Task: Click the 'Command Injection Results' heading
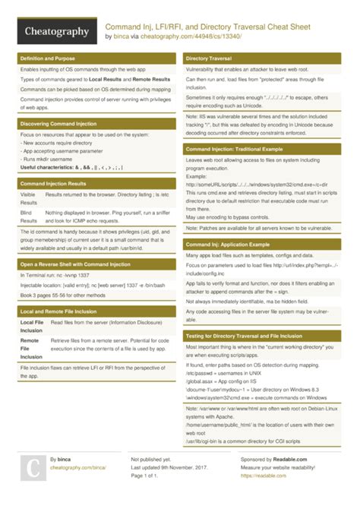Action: point(53,184)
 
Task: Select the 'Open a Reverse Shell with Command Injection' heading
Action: point(75,264)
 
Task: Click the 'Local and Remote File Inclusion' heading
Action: point(59,312)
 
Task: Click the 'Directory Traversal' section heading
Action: point(209,58)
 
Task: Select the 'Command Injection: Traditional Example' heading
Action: point(238,150)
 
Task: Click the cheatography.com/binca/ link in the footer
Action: point(78,469)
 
